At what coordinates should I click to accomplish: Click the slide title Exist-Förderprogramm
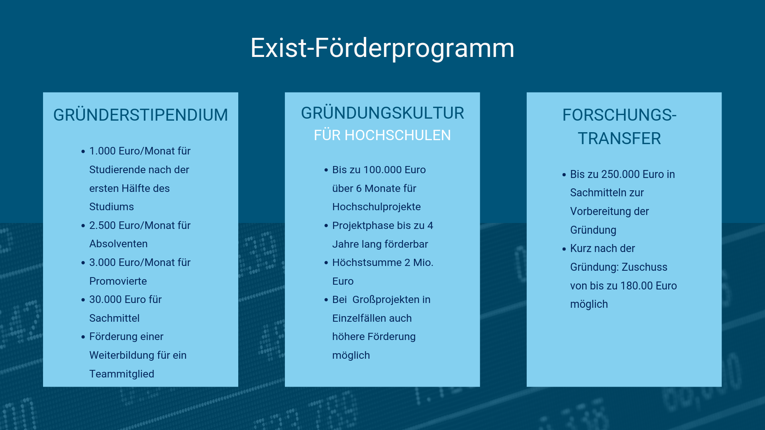[382, 48]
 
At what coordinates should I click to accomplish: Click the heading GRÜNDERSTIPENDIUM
[141, 115]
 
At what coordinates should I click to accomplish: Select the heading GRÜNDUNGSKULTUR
[382, 113]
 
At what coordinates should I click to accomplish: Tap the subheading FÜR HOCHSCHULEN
[382, 135]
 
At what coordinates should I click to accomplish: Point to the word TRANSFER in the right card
[620, 139]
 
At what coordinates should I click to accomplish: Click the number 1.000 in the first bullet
[102, 151]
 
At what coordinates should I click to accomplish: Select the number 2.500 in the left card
[102, 225]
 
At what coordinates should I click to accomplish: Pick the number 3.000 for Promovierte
[102, 262]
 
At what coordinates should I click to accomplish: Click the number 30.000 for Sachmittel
[106, 299]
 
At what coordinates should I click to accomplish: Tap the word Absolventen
[118, 244]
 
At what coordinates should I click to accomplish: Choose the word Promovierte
[118, 281]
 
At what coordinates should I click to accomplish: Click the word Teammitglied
[122, 374]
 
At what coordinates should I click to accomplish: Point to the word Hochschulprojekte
[377, 207]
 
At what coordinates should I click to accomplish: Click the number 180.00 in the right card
[637, 286]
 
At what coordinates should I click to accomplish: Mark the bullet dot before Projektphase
[326, 226]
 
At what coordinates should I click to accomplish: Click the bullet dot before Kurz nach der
[564, 249]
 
